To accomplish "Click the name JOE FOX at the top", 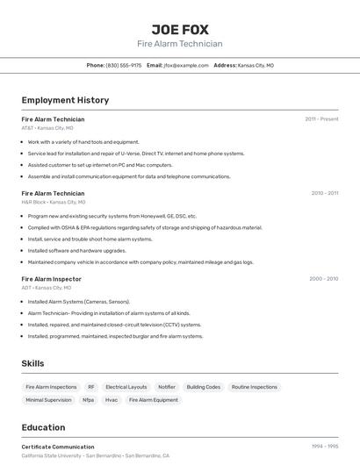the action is tap(179, 30).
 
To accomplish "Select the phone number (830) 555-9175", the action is tap(123, 65).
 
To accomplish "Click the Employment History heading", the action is tap(65, 100).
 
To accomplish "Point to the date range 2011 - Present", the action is tap(321, 119).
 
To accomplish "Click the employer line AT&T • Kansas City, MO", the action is tap(47, 128).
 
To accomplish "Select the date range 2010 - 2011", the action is tap(324, 193).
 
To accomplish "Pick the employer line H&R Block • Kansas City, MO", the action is tap(54, 202).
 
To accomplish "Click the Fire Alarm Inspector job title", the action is tap(52, 279).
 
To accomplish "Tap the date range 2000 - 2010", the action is tap(323, 279).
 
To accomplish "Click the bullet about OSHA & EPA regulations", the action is tap(145, 227).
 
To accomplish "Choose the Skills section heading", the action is tap(32, 363).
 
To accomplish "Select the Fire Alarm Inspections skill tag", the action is tap(51, 387).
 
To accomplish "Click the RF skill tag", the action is tap(90, 387).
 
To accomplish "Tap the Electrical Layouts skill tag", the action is tap(126, 387).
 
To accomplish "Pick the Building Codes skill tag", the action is tap(203, 387).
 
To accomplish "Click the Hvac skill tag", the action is tap(112, 400).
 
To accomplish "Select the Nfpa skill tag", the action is tap(88, 400).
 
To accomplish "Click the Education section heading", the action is tap(43, 427).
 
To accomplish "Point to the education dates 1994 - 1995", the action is tap(325, 447).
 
